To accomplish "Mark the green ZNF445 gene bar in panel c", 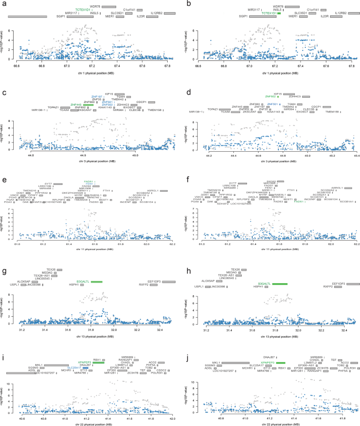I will pyautogui.click(x=88, y=105).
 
